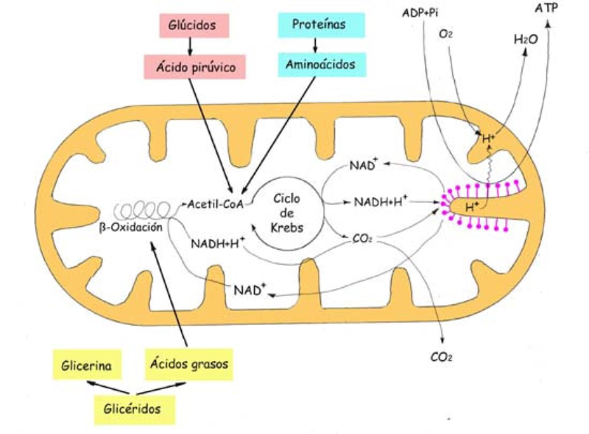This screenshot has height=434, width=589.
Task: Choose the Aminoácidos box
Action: click(x=322, y=65)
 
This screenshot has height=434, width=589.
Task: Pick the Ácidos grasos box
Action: click(x=190, y=363)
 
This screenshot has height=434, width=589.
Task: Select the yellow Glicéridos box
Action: click(x=135, y=408)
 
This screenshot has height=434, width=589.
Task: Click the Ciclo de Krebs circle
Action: click(x=288, y=213)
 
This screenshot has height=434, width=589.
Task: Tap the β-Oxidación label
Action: click(x=130, y=228)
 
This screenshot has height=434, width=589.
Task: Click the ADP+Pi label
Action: click(x=420, y=13)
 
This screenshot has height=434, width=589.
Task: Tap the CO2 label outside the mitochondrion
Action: click(x=440, y=357)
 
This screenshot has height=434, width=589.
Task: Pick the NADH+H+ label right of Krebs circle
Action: click(x=381, y=201)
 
